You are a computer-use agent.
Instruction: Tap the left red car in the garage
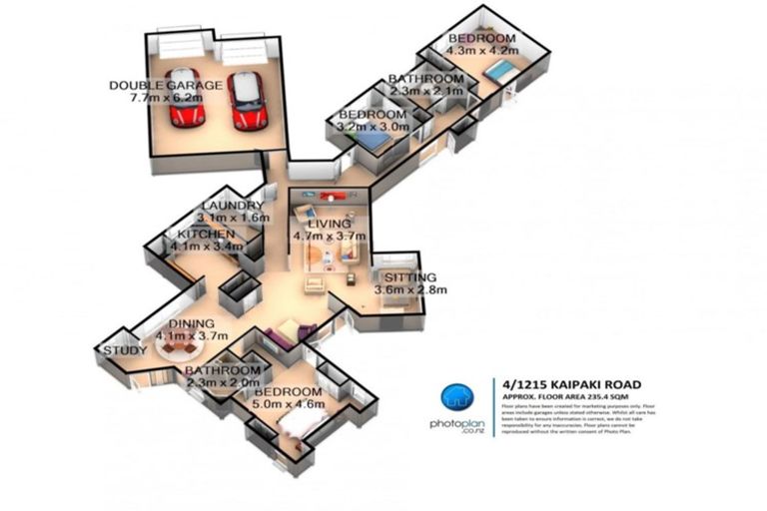(x=185, y=97)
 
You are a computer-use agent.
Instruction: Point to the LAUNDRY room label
(x=231, y=205)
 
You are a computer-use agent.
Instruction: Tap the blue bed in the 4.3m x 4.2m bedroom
(x=502, y=71)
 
